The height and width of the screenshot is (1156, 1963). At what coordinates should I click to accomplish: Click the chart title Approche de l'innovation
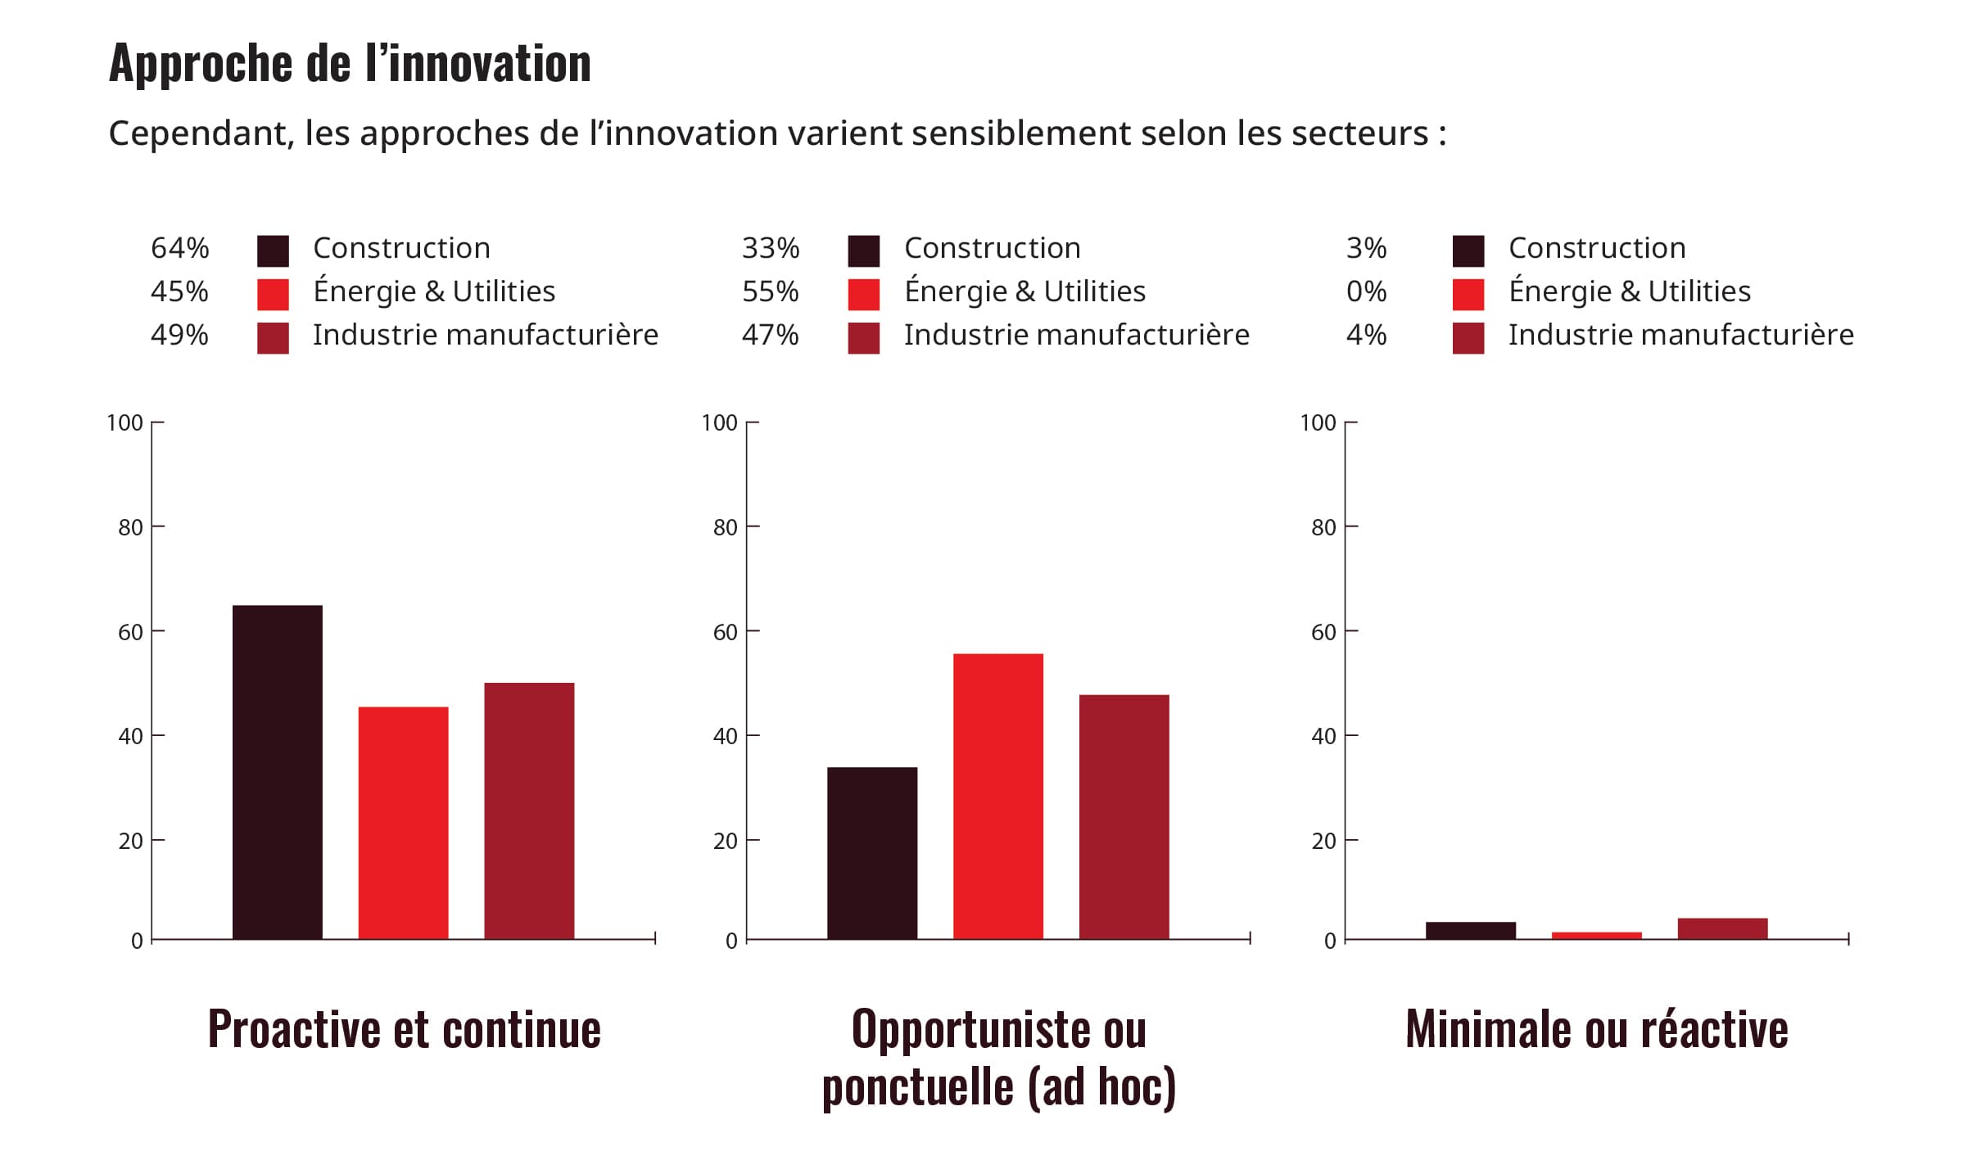tap(350, 63)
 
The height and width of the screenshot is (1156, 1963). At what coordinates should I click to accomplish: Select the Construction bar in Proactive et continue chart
tap(277, 771)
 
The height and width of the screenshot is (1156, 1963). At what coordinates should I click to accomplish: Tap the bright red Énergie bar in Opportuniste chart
tap(997, 796)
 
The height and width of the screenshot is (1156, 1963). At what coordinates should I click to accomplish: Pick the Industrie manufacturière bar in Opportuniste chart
tap(1124, 816)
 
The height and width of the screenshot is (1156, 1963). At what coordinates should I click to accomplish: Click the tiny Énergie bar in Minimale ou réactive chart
tap(1596, 935)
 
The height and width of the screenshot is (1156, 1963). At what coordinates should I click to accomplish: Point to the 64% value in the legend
tap(179, 248)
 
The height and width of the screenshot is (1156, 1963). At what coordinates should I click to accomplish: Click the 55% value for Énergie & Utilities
tap(770, 291)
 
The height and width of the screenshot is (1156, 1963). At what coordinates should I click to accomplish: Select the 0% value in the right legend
tap(1366, 291)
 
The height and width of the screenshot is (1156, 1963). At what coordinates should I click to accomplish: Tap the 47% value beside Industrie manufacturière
tap(770, 335)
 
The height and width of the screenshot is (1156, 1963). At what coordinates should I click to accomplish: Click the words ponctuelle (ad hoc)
tap(998, 1087)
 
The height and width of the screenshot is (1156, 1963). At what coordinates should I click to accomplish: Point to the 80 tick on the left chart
tap(130, 527)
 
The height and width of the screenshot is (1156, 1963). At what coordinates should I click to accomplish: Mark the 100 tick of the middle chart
tap(719, 422)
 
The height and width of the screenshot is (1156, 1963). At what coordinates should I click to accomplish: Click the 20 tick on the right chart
tap(1323, 841)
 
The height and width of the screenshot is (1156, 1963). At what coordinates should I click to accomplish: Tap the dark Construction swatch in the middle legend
tap(863, 251)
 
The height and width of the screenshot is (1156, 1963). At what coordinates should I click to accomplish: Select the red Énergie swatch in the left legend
tap(273, 294)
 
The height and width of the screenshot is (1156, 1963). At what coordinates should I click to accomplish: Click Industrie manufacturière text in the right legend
tap(1680, 335)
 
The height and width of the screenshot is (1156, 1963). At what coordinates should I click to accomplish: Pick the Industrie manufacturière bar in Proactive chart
tap(529, 811)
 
